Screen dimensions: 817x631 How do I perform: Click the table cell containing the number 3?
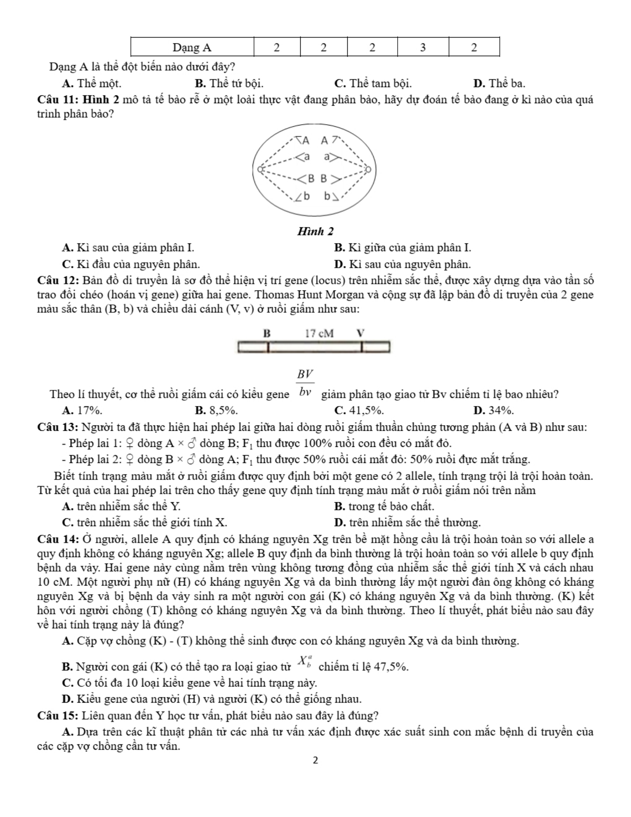[x=423, y=47]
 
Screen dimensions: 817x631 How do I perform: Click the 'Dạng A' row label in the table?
[x=192, y=47]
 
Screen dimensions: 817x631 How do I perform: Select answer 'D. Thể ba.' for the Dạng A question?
[x=499, y=84]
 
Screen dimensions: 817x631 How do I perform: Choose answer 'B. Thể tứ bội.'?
[x=229, y=84]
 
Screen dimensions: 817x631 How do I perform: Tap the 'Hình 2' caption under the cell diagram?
[x=315, y=231]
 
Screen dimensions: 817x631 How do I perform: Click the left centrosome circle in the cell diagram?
[x=260, y=169]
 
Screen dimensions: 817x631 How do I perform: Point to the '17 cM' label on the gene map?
[x=319, y=333]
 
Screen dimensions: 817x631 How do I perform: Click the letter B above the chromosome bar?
[x=267, y=333]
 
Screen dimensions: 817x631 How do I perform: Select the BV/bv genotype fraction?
[x=305, y=383]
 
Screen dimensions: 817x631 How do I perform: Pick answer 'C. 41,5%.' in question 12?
[x=359, y=411]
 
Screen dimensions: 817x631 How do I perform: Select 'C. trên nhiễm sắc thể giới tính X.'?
[x=144, y=523]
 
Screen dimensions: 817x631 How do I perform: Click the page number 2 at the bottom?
[x=315, y=760]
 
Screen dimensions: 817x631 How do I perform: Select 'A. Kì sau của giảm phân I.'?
[x=128, y=248]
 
